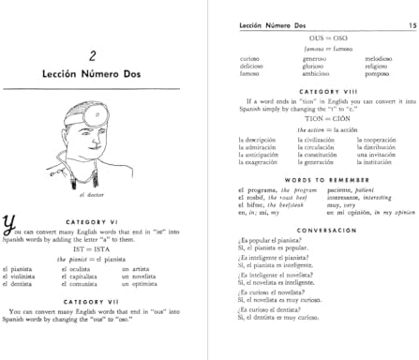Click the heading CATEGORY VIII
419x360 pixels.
tap(310, 89)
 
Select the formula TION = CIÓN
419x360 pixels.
tap(310, 119)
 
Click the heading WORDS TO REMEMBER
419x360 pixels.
tap(310, 180)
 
